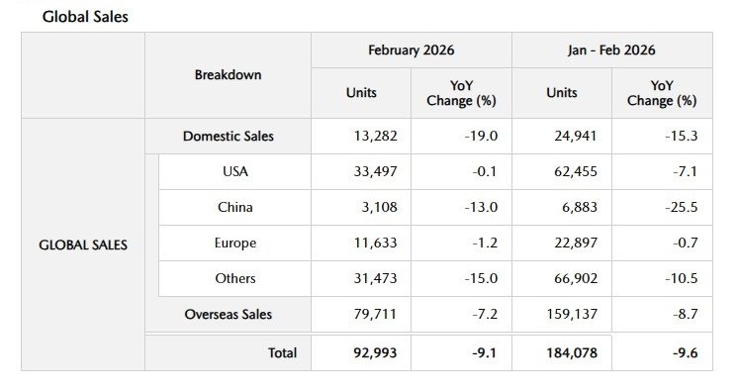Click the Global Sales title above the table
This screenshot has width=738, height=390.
(x=85, y=17)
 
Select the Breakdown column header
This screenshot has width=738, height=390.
(x=228, y=75)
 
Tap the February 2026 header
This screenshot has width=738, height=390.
(x=411, y=49)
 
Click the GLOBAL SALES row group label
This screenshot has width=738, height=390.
(x=83, y=244)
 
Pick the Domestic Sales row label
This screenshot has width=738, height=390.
(x=229, y=136)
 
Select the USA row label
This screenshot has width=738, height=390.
(x=235, y=171)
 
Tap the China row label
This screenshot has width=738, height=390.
(x=235, y=207)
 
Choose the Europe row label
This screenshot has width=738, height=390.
(x=235, y=243)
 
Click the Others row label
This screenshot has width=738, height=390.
(x=235, y=278)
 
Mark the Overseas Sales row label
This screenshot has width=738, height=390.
(x=229, y=314)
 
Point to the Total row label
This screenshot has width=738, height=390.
(x=282, y=352)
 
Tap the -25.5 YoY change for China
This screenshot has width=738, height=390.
(x=683, y=207)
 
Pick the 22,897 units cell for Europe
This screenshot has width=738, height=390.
(x=568, y=243)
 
